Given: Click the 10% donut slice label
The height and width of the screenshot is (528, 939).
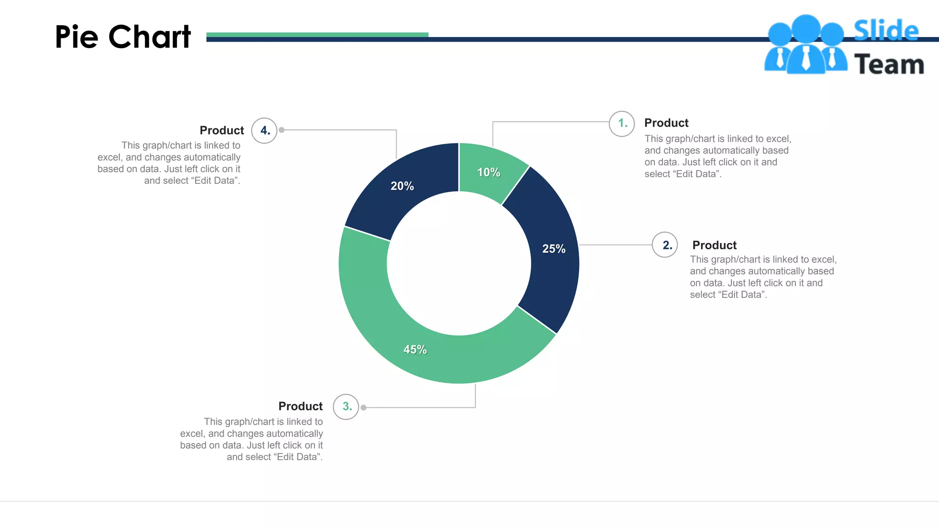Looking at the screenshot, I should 489,172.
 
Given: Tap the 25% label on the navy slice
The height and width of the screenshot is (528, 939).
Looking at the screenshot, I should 554,249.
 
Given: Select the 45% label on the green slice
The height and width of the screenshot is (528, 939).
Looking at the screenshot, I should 415,350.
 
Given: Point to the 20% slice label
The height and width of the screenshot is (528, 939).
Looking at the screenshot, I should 402,186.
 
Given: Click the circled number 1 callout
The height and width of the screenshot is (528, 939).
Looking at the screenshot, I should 622,123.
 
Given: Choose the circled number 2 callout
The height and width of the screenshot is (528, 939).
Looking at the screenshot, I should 665,245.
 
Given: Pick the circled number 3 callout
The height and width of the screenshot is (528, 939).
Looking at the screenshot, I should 346,407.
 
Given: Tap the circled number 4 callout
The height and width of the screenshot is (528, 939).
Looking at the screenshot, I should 264,131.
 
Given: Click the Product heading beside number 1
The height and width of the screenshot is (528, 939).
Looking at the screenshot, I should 666,123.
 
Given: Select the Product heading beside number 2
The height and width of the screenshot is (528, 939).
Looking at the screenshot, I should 714,245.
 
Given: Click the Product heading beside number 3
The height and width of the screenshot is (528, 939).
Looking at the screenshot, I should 300,407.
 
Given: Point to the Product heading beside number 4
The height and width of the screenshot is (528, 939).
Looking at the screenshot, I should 222,131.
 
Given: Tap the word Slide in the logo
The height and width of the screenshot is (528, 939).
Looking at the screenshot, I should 886,31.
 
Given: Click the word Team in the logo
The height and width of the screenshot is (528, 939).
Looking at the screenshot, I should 889,64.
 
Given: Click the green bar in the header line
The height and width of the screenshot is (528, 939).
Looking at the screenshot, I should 317,34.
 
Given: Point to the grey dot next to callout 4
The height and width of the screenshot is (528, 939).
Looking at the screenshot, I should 282,130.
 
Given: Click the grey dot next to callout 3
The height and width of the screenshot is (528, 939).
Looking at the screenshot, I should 363,407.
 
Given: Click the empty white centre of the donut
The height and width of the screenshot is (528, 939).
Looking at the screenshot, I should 458,264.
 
